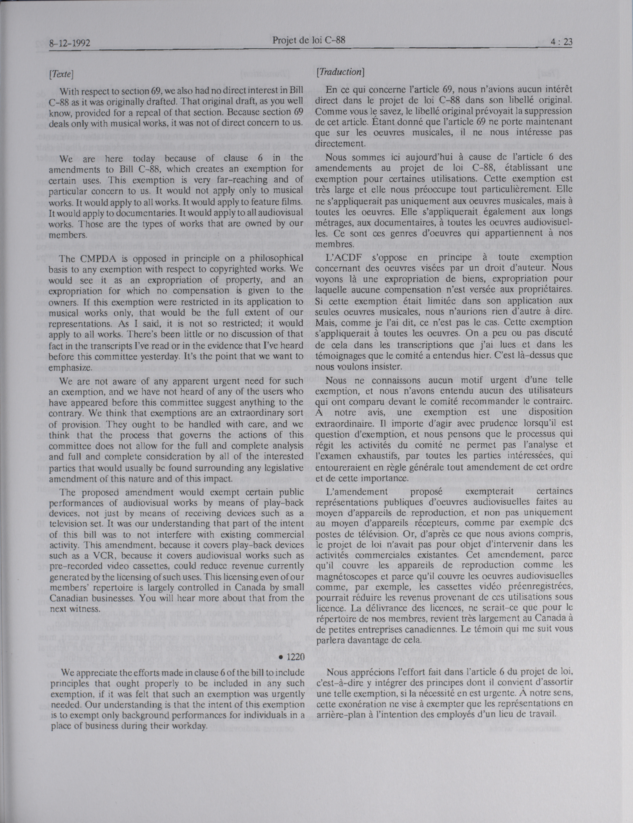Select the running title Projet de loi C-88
coord(309,40)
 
